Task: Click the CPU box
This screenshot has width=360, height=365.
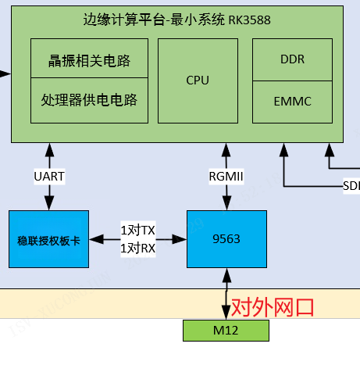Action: tap(198, 80)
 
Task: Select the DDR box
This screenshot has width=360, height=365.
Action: tap(292, 59)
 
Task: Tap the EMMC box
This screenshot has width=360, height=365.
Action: tap(292, 102)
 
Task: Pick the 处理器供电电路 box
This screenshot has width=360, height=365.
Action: tap(89, 100)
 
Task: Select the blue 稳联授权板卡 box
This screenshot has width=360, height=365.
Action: tap(48, 238)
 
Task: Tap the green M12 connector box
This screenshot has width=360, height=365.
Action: tap(226, 331)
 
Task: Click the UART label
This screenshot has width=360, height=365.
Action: tap(49, 177)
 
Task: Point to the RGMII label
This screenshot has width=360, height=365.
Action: tap(226, 177)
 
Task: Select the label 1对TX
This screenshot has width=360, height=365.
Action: tap(137, 231)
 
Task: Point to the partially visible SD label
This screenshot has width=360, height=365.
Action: tap(351, 186)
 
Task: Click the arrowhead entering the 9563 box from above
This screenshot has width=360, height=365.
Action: tap(226, 205)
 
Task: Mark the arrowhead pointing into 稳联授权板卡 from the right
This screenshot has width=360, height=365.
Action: tap(94, 238)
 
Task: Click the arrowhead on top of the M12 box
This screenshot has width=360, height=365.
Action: tap(226, 315)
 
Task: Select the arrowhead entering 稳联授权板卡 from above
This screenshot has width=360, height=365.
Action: tap(49, 205)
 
